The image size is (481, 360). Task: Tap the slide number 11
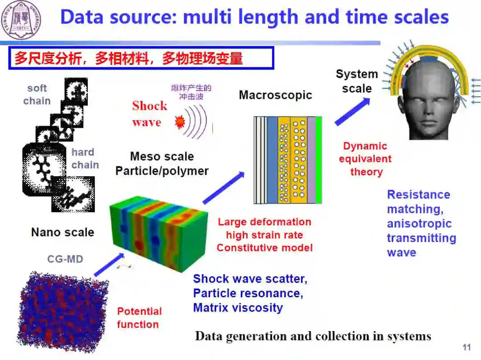[x=467, y=348]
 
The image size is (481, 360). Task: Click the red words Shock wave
[x=149, y=113]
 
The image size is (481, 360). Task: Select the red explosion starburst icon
[x=180, y=122]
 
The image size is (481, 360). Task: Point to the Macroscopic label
[x=275, y=95]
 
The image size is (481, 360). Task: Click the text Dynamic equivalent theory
[x=365, y=159]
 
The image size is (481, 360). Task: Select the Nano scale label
[x=62, y=232]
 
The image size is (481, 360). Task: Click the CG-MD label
[x=65, y=259]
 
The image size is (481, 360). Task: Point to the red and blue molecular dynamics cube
[x=62, y=307]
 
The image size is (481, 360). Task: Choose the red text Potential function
[x=139, y=318]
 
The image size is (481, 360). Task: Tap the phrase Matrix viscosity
[x=238, y=307]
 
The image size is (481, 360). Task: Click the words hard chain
[x=85, y=158]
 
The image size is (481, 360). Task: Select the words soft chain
[x=37, y=94]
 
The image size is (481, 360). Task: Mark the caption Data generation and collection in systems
[x=313, y=336]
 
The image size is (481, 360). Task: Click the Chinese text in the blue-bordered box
[x=129, y=59]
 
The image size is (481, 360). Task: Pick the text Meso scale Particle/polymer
[x=162, y=163]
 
